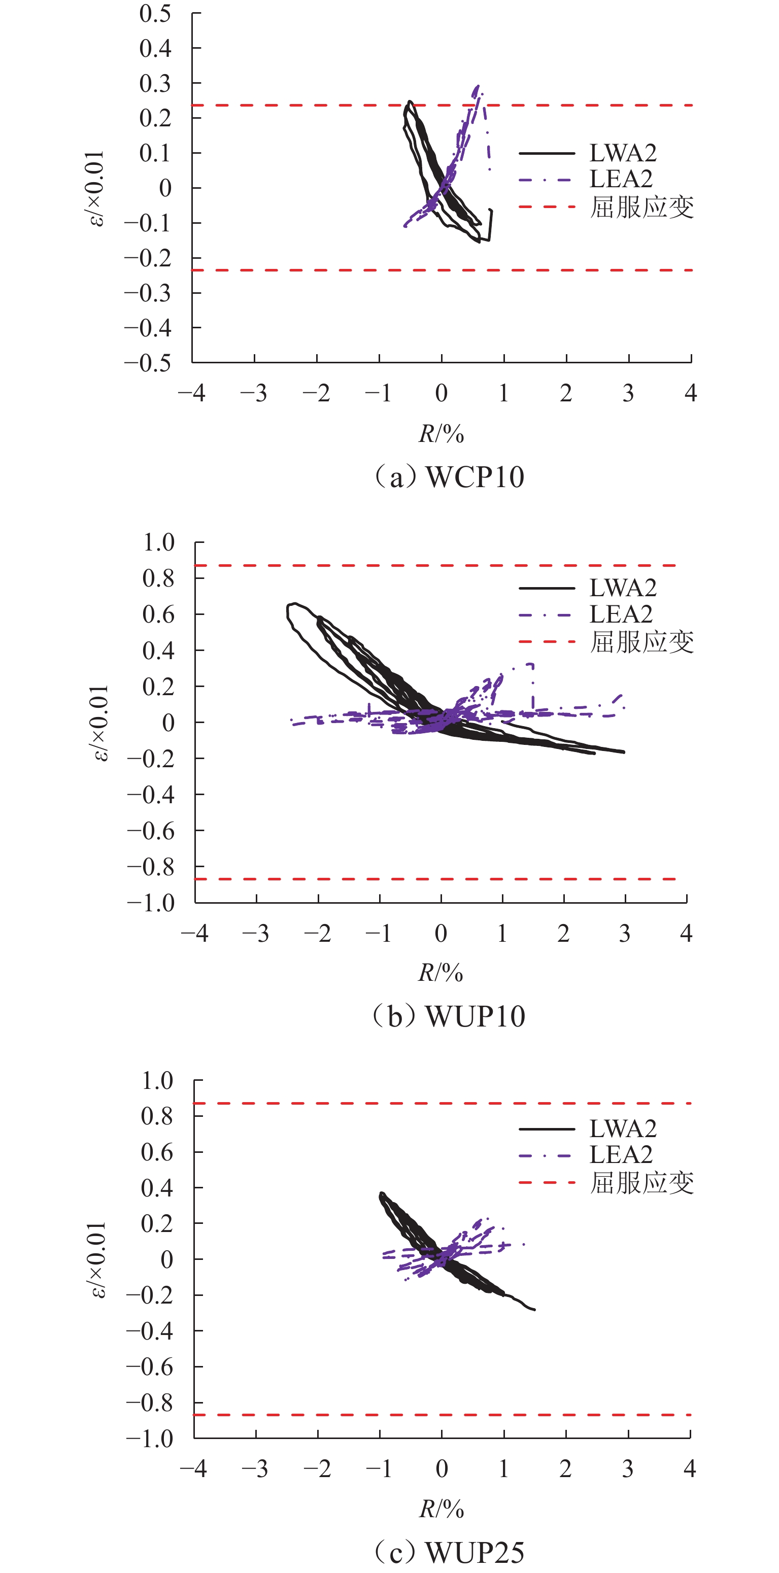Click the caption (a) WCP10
coord(449,477)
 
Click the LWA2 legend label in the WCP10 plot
coord(623,153)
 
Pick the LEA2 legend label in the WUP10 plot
coord(621,613)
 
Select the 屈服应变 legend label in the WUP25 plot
coord(641,1183)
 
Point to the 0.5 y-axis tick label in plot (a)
coord(155,13)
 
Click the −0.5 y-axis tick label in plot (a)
coord(148,363)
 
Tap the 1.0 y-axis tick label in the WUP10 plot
coord(158,542)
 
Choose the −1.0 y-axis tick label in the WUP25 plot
coord(150,1439)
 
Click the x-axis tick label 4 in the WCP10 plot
coord(691,393)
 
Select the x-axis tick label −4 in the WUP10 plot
coord(195,933)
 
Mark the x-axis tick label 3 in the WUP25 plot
coord(628,1468)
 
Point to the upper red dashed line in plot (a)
coord(305,105)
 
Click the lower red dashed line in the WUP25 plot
coord(305,1415)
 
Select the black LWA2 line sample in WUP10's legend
coord(547,588)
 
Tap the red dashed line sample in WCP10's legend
coord(547,207)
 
